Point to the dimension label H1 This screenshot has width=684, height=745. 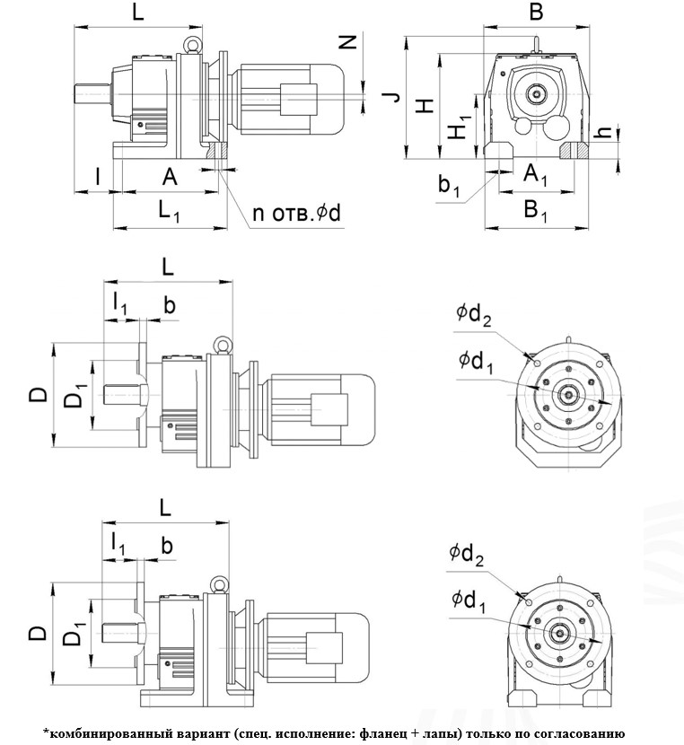pyautogui.click(x=460, y=128)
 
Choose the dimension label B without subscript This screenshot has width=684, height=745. pyautogui.click(x=537, y=13)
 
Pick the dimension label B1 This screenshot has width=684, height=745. pyautogui.click(x=537, y=213)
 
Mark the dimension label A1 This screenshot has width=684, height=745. pyautogui.click(x=536, y=174)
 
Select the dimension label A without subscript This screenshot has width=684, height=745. pyautogui.click(x=170, y=177)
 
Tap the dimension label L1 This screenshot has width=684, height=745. pyautogui.click(x=170, y=212)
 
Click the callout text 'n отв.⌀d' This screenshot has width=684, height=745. pyautogui.click(x=298, y=213)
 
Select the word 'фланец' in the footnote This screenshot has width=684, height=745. pyautogui.click(x=382, y=733)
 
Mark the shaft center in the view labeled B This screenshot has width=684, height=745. pyautogui.click(x=537, y=92)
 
